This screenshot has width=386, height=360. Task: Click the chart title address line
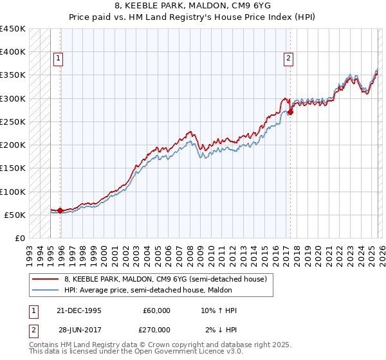(192, 5)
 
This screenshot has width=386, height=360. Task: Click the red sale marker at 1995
(60, 210)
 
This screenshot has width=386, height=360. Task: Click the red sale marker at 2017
(290, 112)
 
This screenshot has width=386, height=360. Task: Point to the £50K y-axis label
(15, 215)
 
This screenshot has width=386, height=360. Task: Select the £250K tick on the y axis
(12, 122)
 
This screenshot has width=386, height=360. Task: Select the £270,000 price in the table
(156, 330)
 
